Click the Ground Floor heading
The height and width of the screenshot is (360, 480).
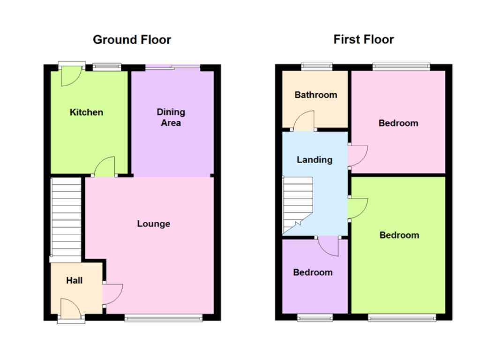[132, 40]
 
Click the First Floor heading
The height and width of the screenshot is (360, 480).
[363, 39]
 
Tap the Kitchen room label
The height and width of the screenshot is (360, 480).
[86, 112]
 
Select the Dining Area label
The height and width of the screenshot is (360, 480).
[171, 117]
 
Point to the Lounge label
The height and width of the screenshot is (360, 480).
[153, 224]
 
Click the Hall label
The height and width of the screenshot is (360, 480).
[75, 280]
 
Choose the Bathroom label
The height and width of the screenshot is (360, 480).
[316, 95]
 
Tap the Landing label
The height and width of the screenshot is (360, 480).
[315, 160]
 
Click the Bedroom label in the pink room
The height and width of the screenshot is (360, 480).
[398, 123]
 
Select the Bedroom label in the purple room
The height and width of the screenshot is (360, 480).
[313, 272]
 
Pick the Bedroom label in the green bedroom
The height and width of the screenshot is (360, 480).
[399, 235]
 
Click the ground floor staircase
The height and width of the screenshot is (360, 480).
[66, 217]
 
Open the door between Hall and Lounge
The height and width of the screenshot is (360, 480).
[112, 294]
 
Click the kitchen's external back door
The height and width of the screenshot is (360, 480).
[72, 76]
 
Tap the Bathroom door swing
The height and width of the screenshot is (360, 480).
[304, 120]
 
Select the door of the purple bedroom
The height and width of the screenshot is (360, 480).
[328, 246]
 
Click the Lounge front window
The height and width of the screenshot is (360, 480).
[164, 318]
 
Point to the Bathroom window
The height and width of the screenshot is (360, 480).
[316, 67]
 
